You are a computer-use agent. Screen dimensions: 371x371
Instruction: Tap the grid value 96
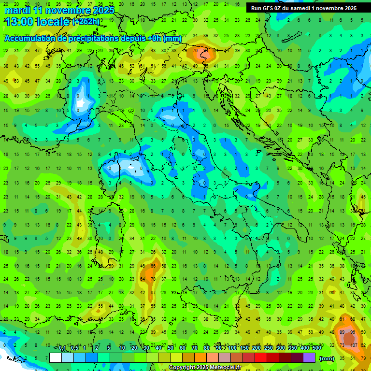pyautogui.click(x=353, y=332)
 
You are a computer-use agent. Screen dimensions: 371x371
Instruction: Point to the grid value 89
pyautogui.click(x=342, y=332)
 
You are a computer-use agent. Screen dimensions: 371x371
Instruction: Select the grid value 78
pyautogui.click(x=153, y=279)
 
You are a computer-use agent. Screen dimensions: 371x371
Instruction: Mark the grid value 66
pyautogui.click(x=153, y=266)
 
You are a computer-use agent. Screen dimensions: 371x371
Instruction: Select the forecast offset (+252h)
pyautogui.click(x=86, y=21)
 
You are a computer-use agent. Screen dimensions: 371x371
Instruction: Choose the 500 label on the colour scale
pyautogui.click(x=316, y=348)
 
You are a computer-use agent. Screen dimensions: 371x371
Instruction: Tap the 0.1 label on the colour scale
pyautogui.click(x=62, y=348)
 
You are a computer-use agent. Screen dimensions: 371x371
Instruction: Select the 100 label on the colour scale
pyautogui.click(x=232, y=348)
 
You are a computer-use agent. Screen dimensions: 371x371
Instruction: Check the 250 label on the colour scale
pyautogui.click(x=268, y=348)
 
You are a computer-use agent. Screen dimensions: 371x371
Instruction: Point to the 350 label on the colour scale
pyautogui.click(x=292, y=348)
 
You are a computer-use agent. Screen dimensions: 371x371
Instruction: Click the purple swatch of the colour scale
pyautogui.click(x=309, y=357)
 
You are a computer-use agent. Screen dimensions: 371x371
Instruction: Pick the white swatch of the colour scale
pyautogui.click(x=56, y=357)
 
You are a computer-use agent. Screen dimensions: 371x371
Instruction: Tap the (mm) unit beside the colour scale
pyautogui.click(x=327, y=358)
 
